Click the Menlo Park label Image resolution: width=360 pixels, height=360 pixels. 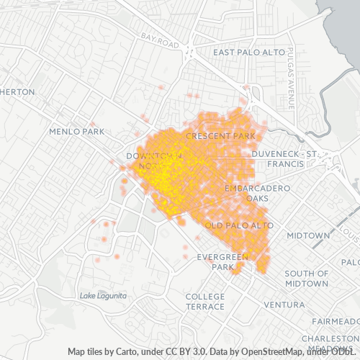click(x=77, y=132)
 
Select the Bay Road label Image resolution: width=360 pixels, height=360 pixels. click(x=160, y=40)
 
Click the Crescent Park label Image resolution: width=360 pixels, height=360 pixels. click(x=220, y=135)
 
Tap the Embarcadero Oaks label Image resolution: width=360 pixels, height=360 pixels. click(x=257, y=192)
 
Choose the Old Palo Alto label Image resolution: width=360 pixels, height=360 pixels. click(x=239, y=225)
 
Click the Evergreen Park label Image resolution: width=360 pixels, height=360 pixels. click(x=224, y=261)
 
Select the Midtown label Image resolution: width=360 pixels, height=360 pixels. click(x=308, y=235)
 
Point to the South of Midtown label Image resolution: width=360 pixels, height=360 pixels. click(x=307, y=279)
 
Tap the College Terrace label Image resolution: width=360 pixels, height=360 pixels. click(x=205, y=301)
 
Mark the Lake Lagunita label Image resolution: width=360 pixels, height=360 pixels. click(x=103, y=296)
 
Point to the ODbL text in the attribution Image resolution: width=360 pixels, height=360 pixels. click(x=345, y=352)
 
